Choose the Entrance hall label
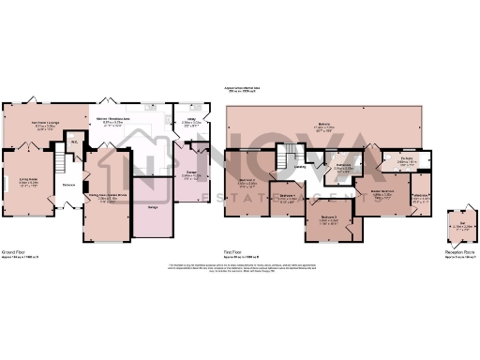68,185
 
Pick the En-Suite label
405,159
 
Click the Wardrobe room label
421,196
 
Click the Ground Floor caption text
12,251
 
